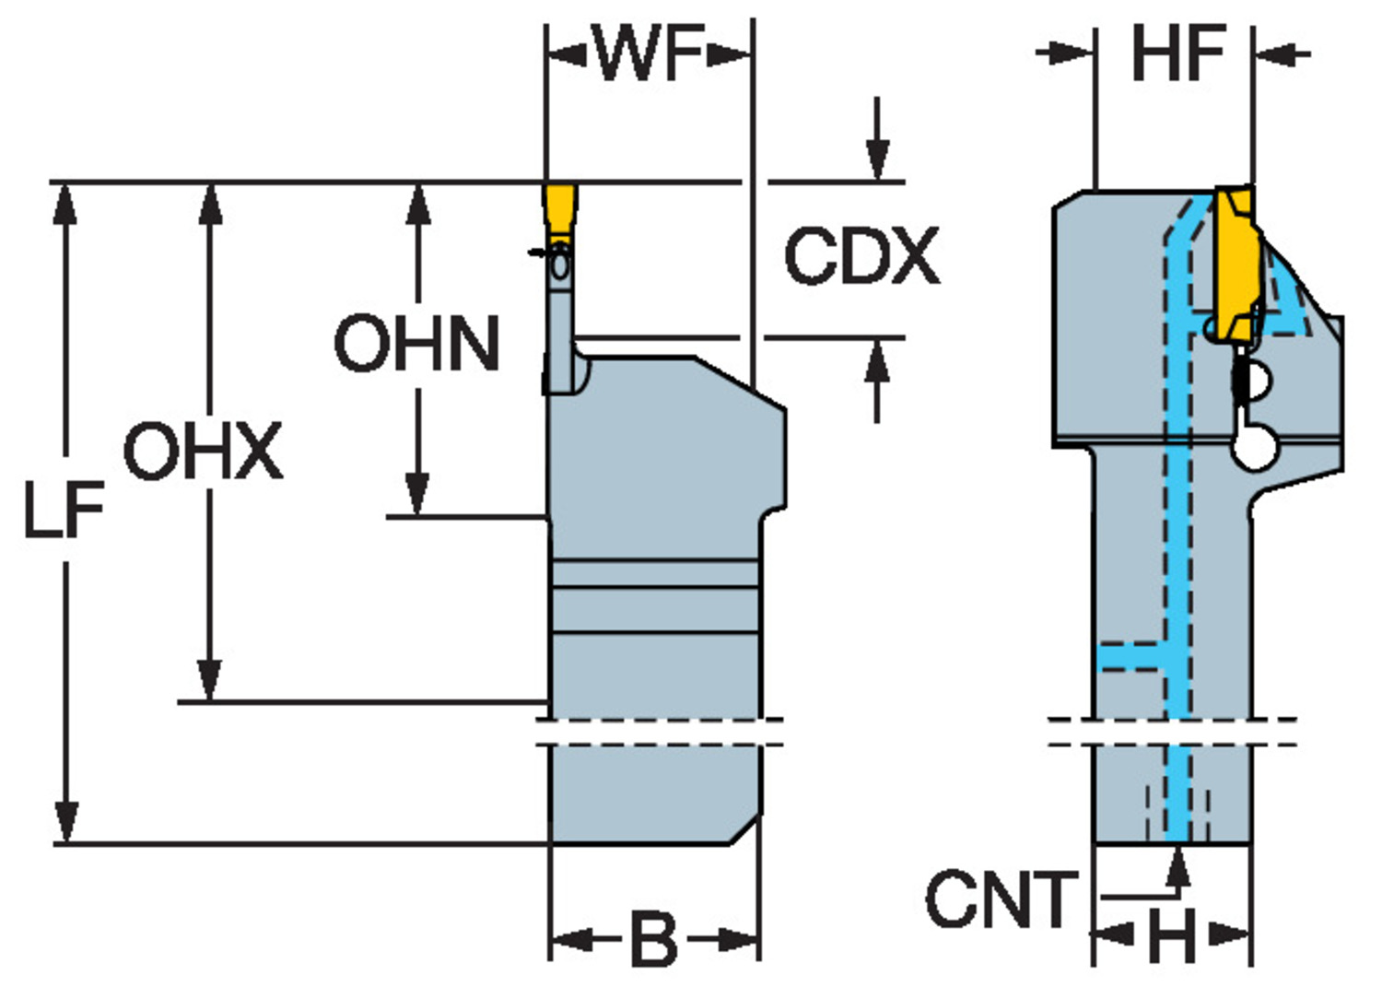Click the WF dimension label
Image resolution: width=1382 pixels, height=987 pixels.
pyautogui.click(x=649, y=53)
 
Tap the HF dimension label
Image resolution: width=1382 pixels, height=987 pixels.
pyautogui.click(x=1178, y=53)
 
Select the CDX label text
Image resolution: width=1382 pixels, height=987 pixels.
pyautogui.click(x=861, y=255)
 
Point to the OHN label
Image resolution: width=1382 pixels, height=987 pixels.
pyautogui.click(x=416, y=343)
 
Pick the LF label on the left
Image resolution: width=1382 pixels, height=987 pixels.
pyautogui.click(x=64, y=510)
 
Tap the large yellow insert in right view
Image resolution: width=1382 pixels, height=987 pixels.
pyautogui.click(x=1236, y=265)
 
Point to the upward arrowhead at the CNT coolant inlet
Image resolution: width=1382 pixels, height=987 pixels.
pyautogui.click(x=1178, y=868)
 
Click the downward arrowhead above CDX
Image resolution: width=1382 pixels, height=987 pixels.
pyautogui.click(x=877, y=160)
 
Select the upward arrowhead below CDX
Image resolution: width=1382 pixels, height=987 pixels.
pyautogui.click(x=877, y=359)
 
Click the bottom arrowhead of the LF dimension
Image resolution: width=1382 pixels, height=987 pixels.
pyautogui.click(x=66, y=822)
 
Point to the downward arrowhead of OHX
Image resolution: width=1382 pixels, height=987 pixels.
pyautogui.click(x=210, y=680)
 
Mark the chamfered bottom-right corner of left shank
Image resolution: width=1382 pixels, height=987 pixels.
pyautogui.click(x=745, y=828)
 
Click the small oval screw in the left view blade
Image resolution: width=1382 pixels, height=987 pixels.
pyautogui.click(x=560, y=265)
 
